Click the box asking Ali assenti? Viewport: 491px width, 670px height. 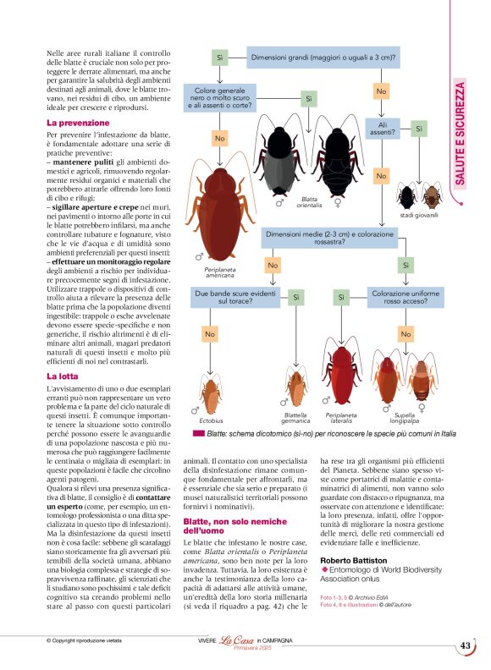pyautogui.click(x=381, y=129)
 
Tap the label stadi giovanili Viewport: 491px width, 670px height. pyautogui.click(x=421, y=216)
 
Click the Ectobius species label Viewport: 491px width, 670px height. pyautogui.click(x=211, y=420)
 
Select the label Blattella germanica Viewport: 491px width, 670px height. pyautogui.click(x=295, y=418)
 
